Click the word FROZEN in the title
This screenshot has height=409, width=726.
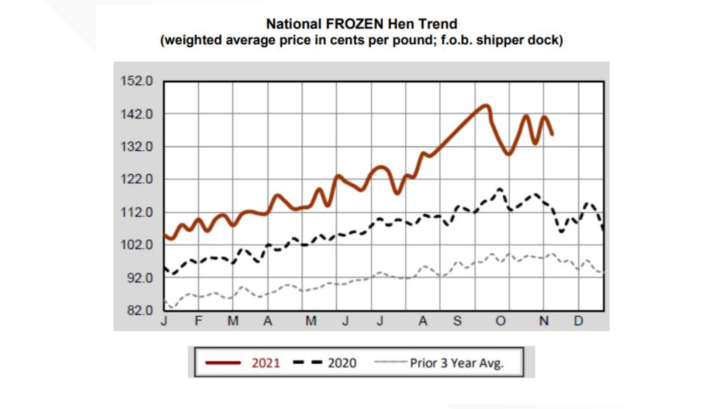[x=355, y=24]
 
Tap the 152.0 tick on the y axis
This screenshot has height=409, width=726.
[x=137, y=81]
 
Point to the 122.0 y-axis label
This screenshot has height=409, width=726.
[x=137, y=179]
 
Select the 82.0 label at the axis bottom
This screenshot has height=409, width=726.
[x=140, y=311]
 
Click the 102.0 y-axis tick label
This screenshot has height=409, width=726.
[x=137, y=245]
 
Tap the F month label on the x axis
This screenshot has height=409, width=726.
[x=199, y=321]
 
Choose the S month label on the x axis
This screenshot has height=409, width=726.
[x=457, y=321]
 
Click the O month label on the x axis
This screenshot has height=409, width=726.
[x=501, y=321]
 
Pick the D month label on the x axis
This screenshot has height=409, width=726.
[x=578, y=321]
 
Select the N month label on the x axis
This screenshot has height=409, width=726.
[x=544, y=321]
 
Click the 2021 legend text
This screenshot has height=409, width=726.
[x=266, y=363]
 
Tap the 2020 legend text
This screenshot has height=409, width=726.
[x=342, y=363]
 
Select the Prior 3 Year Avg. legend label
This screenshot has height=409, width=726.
[x=456, y=363]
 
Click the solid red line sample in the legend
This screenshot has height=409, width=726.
[x=223, y=363]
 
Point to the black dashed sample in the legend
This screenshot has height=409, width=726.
[x=307, y=363]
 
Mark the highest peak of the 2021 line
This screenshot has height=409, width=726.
[x=486, y=106]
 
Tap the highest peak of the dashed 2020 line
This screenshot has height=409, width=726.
[x=500, y=189]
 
